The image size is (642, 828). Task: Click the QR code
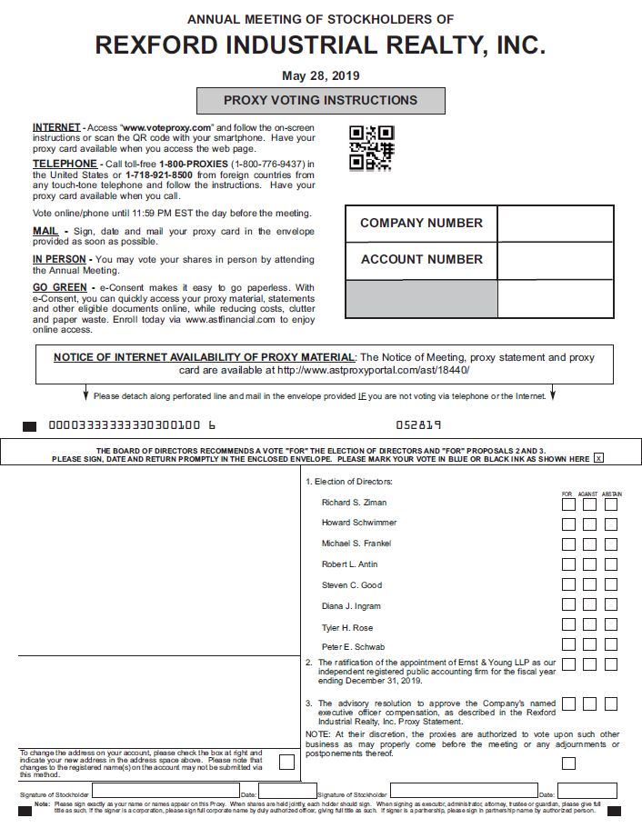(x=372, y=148)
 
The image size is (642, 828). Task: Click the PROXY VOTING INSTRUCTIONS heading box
(x=321, y=101)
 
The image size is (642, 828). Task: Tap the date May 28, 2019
(x=320, y=75)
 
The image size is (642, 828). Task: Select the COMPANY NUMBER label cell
(x=421, y=224)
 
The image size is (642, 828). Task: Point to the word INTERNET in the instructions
(x=55, y=127)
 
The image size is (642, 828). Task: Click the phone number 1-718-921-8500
(x=158, y=175)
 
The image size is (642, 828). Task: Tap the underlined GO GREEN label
(x=60, y=288)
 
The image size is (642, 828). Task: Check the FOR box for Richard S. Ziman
(x=568, y=503)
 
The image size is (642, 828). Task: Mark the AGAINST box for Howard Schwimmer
(x=589, y=524)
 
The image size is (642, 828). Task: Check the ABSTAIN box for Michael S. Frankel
(x=611, y=544)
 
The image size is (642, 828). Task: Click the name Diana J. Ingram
(x=351, y=606)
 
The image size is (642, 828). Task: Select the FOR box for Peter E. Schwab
(x=568, y=646)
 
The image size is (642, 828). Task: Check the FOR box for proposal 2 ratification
(x=568, y=664)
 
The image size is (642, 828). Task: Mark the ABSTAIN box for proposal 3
(x=611, y=703)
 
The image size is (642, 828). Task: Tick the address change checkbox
(x=286, y=762)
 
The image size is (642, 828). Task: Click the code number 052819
(x=418, y=424)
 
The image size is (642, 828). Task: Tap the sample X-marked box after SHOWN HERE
(x=597, y=459)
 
